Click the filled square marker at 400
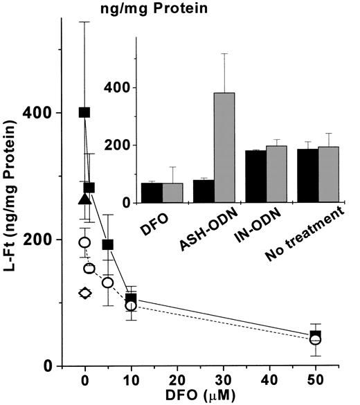(84, 112)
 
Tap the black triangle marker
(84, 199)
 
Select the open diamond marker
(84, 293)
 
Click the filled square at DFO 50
(316, 336)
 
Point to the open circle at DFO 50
(316, 339)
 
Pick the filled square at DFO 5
(108, 244)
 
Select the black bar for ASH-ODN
(204, 191)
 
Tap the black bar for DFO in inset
(152, 192)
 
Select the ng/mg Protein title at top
(143, 9)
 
